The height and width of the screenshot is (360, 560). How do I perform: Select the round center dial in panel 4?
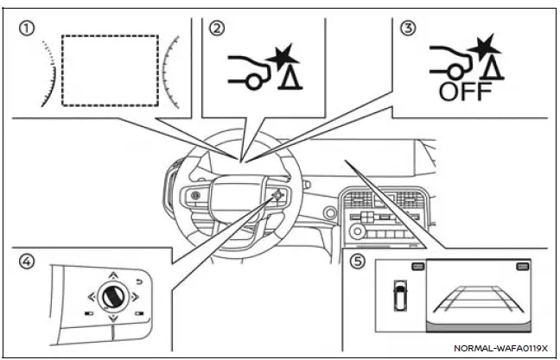click(x=113, y=298)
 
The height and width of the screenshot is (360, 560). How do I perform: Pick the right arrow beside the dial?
click(x=137, y=299)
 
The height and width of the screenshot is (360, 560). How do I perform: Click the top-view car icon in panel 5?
click(x=398, y=296)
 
